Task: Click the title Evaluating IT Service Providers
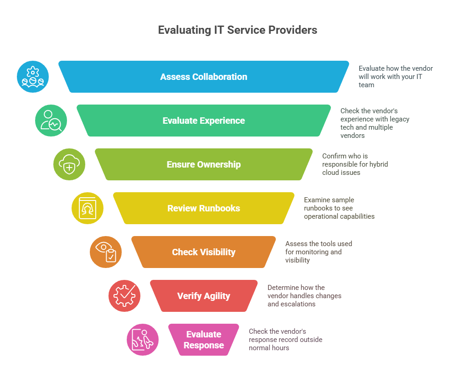[x=237, y=30]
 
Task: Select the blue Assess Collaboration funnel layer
[x=204, y=77]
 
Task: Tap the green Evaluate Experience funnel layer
[x=204, y=121]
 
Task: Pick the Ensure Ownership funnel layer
[x=204, y=164]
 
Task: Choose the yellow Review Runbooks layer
[x=204, y=208]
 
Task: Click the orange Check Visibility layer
[x=204, y=252]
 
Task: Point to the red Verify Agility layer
[x=204, y=296]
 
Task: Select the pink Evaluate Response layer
[x=204, y=340]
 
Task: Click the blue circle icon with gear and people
[x=33, y=77]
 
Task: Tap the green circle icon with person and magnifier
[x=51, y=121]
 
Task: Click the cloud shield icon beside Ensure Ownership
[x=69, y=164]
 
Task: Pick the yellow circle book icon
[x=88, y=208]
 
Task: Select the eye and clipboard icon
[x=106, y=252]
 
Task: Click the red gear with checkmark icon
[x=124, y=296]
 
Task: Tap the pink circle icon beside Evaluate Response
[x=143, y=340]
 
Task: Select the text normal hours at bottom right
[x=269, y=348]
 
